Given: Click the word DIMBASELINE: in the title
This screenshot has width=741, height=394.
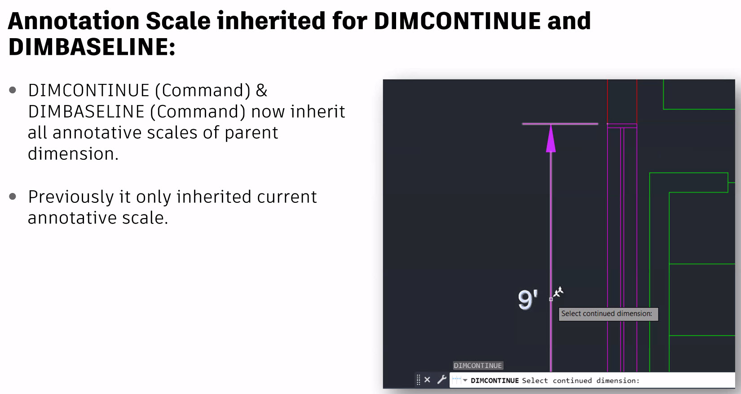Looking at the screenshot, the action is click(x=92, y=47).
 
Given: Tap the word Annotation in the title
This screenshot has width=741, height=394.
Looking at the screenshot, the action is click(x=74, y=21).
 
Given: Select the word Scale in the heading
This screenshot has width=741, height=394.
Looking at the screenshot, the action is click(x=178, y=21).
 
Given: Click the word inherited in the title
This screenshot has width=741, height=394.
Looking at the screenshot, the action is click(x=271, y=21).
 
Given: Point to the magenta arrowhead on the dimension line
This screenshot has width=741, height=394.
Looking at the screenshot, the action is click(x=551, y=138).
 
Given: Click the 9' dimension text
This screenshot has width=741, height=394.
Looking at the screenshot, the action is click(x=528, y=299).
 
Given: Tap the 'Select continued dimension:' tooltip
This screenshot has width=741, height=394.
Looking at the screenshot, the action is click(x=609, y=314).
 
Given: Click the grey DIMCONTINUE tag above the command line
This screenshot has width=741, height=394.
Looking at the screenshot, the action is click(x=478, y=365).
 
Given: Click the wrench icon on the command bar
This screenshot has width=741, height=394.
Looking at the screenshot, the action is click(x=442, y=380).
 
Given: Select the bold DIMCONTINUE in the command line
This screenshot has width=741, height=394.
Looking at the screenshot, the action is click(x=494, y=381).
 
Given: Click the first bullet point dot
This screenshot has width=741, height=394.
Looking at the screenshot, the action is click(x=13, y=90).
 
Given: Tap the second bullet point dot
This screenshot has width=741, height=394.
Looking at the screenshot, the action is click(x=13, y=197).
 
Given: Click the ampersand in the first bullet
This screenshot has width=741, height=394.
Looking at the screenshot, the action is click(x=261, y=90).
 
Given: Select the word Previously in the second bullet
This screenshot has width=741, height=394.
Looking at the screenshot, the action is click(x=71, y=197).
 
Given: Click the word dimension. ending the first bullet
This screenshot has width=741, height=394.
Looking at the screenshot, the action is click(x=73, y=154).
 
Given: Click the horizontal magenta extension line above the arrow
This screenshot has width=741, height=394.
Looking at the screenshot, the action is click(x=560, y=124).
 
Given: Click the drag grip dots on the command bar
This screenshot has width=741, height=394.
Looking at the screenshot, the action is click(x=419, y=380).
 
